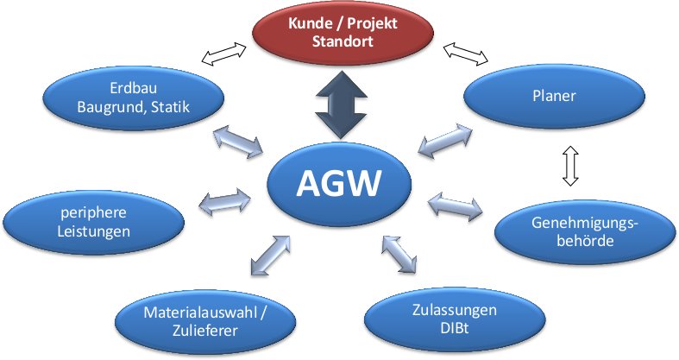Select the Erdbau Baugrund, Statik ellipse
tap(132, 98)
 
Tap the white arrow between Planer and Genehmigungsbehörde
tap(569, 165)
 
